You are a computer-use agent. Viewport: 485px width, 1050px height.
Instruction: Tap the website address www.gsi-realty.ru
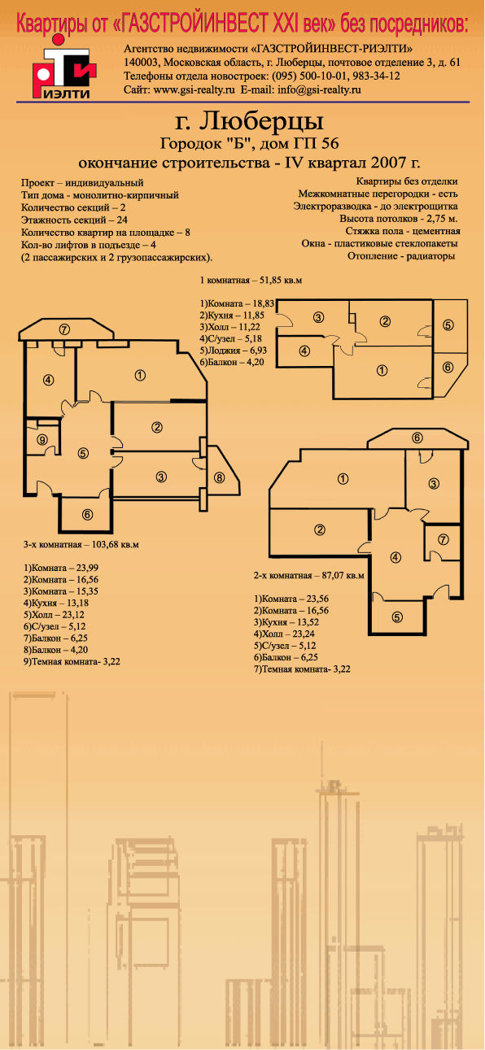point(194,90)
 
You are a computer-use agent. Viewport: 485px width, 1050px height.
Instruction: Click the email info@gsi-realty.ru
point(319,90)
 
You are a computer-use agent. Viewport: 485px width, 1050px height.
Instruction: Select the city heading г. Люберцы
point(249,122)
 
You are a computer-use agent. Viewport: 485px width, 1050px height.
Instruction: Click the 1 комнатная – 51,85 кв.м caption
point(251,281)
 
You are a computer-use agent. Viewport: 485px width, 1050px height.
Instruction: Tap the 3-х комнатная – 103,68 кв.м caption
point(81,545)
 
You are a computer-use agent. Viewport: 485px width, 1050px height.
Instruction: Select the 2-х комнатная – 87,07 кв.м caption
point(308,575)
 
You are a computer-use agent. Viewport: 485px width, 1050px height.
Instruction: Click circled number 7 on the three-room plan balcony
point(65,329)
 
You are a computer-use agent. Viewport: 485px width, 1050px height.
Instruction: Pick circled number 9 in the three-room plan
point(42,440)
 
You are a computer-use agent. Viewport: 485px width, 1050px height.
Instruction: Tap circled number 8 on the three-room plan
point(220,477)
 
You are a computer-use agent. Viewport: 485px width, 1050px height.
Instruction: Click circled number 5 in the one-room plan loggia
point(448,325)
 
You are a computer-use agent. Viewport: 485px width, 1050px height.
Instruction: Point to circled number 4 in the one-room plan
point(304,351)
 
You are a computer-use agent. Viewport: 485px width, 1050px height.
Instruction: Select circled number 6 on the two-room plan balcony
point(417,438)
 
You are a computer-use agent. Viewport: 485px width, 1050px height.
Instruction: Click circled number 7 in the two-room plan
point(443,539)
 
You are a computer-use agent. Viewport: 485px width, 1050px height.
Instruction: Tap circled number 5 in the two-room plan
point(397,616)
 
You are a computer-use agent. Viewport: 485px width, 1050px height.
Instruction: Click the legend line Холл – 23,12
point(54,615)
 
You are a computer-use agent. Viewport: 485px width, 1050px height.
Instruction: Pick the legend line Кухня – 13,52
point(286,622)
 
